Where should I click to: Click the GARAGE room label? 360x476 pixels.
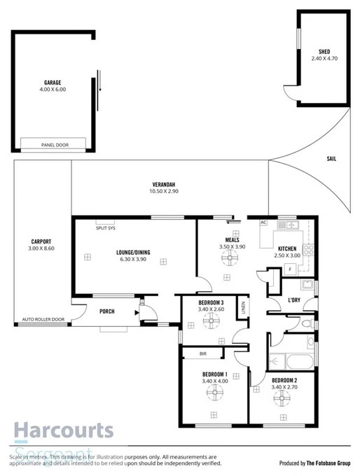coord(53,82)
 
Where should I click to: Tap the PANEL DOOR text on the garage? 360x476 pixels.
coord(53,146)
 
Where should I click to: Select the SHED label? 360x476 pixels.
coord(324,52)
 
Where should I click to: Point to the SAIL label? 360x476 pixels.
coord(331,159)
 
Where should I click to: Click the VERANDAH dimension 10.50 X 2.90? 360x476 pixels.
coord(165,192)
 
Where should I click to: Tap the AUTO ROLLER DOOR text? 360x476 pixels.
coord(43,319)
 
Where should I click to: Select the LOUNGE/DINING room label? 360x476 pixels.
coord(132,252)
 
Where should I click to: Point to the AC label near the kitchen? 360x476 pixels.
coord(264,222)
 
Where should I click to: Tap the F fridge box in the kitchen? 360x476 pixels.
coord(289,269)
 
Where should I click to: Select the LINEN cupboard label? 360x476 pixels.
coord(243,307)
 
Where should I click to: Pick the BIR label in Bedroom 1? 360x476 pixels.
coord(202,354)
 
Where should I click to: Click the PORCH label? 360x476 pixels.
coord(107,311)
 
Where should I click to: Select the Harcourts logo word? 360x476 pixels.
coord(63,429)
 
